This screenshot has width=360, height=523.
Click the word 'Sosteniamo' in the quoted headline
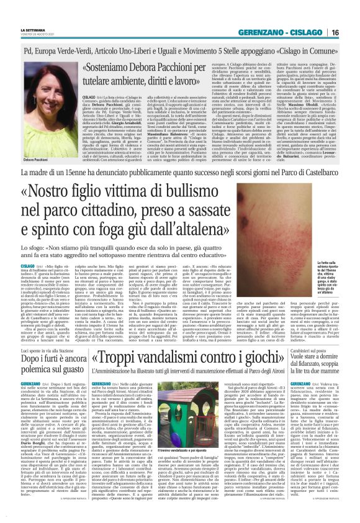[x=117, y=67]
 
